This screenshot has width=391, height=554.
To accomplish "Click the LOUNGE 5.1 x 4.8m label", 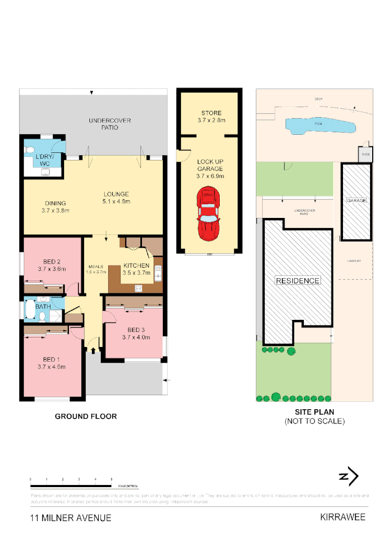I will click(116, 198).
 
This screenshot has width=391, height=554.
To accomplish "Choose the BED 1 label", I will click(51, 363).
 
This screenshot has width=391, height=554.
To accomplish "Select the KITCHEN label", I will click(136, 269).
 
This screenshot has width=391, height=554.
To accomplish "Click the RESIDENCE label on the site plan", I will click(298, 281).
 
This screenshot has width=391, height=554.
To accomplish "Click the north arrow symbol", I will click(348, 477).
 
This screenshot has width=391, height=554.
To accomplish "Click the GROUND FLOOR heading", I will click(86, 417).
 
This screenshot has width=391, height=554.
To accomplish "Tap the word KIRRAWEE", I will click(342, 517).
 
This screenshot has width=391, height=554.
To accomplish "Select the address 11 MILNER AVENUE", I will click(70, 518).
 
